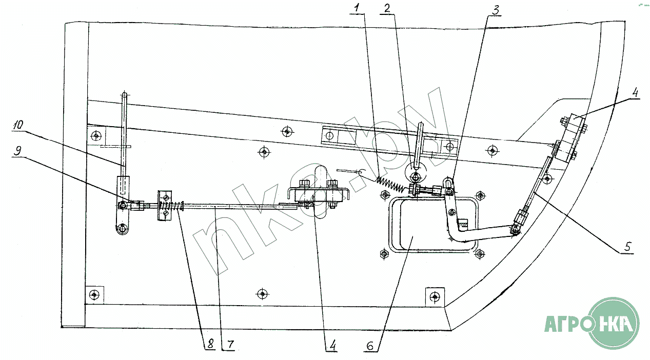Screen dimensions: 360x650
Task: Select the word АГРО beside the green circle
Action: (x=564, y=324)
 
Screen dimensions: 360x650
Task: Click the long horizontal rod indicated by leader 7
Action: (x=231, y=206)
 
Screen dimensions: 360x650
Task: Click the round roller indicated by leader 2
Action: (x=416, y=177)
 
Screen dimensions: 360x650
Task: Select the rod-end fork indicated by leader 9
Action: (x=136, y=206)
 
